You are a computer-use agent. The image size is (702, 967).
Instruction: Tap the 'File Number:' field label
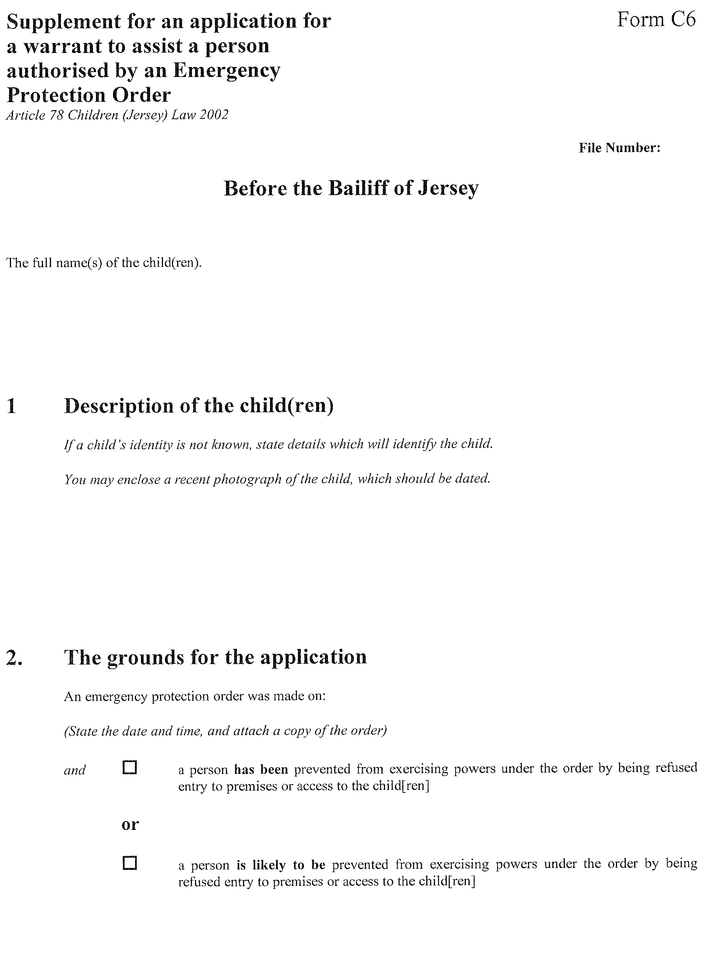(619, 148)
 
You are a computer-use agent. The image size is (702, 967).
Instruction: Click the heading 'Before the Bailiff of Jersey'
(351, 188)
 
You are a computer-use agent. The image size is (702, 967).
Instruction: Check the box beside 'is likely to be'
(130, 863)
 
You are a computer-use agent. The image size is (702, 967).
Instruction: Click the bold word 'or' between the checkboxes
(130, 824)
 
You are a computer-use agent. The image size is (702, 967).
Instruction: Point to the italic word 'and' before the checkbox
(75, 770)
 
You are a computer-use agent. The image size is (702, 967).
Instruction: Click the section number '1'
(11, 405)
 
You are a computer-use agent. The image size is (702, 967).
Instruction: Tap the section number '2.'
(14, 657)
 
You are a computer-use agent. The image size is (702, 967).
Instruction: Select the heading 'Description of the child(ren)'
(198, 405)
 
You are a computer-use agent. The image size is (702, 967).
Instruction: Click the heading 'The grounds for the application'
(215, 656)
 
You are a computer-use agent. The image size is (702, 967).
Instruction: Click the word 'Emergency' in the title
(226, 71)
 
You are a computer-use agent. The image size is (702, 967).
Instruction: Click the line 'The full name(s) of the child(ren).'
(104, 263)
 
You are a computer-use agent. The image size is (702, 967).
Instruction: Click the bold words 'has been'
(261, 770)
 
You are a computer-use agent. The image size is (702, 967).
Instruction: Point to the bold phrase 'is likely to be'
(281, 865)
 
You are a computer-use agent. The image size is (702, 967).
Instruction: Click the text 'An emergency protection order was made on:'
(195, 696)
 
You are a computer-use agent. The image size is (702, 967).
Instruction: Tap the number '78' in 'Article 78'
(56, 115)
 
